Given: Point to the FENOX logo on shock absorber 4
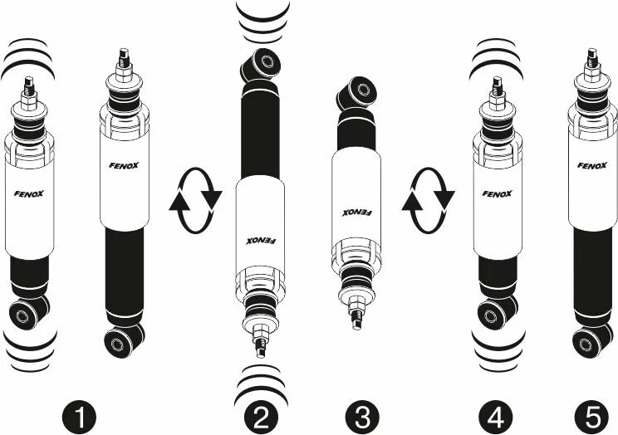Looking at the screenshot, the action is click(x=497, y=194).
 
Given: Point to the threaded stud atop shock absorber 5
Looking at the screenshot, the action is click(x=592, y=59).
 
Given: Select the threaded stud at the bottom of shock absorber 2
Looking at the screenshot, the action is click(x=258, y=339).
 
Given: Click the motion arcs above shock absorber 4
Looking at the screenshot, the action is click(x=496, y=62).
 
